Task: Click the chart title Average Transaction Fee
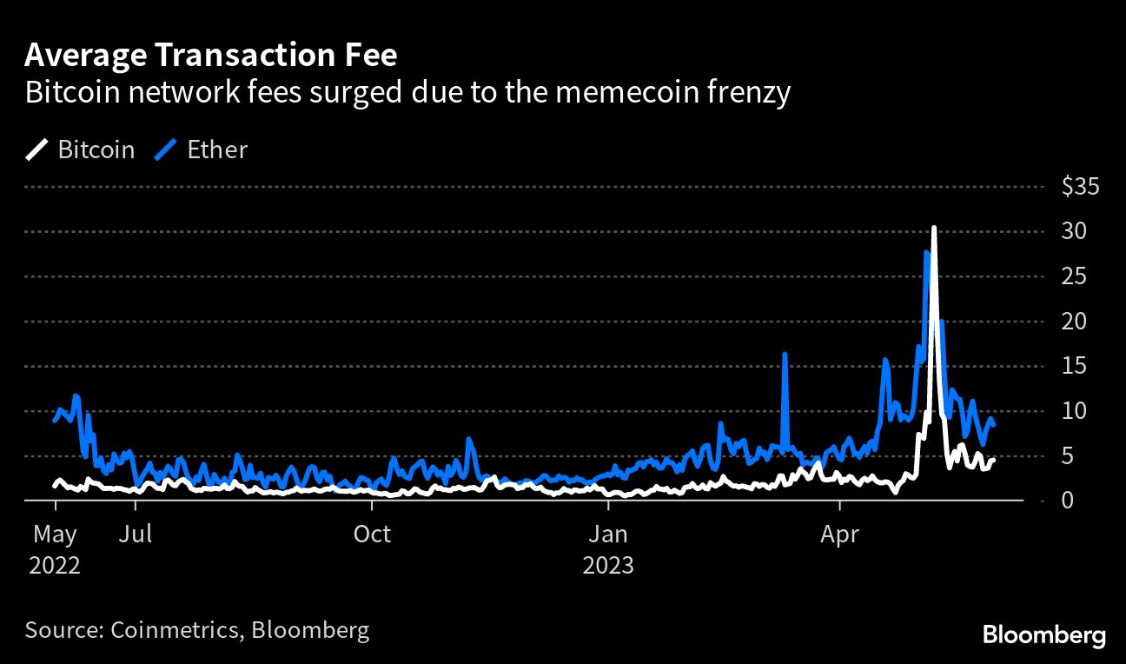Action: (211, 56)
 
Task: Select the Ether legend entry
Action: (202, 149)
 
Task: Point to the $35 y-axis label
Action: (1081, 187)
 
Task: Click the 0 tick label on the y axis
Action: (1070, 501)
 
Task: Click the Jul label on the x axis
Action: (136, 533)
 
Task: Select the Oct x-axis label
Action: (373, 533)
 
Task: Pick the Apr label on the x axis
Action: (840, 533)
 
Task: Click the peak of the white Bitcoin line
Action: (933, 228)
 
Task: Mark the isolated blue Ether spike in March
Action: (785, 355)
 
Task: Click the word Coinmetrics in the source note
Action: (175, 629)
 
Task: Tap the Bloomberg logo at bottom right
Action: (1043, 635)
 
